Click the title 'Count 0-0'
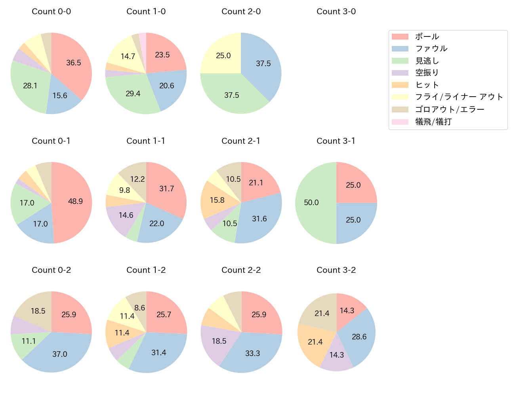pos(51,11)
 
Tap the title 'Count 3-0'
pos(336,11)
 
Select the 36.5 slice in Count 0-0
pos(73,63)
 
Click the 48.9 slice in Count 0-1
pos(75,202)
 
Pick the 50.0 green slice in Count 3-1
pos(311,203)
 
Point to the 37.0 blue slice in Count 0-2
pos(59,354)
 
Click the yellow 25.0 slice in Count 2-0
pos(223,56)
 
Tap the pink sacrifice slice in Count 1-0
pos(143,44)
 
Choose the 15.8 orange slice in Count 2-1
pos(217,200)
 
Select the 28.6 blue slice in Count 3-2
pos(359,337)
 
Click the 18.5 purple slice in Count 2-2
pos(219,341)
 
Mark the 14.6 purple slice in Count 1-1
pos(126,215)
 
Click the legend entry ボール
pos(427,36)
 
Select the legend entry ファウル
pos(431,49)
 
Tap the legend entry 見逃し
pos(427,61)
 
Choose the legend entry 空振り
pos(427,73)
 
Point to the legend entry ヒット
pos(427,85)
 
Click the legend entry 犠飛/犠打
pos(433,122)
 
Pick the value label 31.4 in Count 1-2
pos(158,352)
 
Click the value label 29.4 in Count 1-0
pos(133,94)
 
